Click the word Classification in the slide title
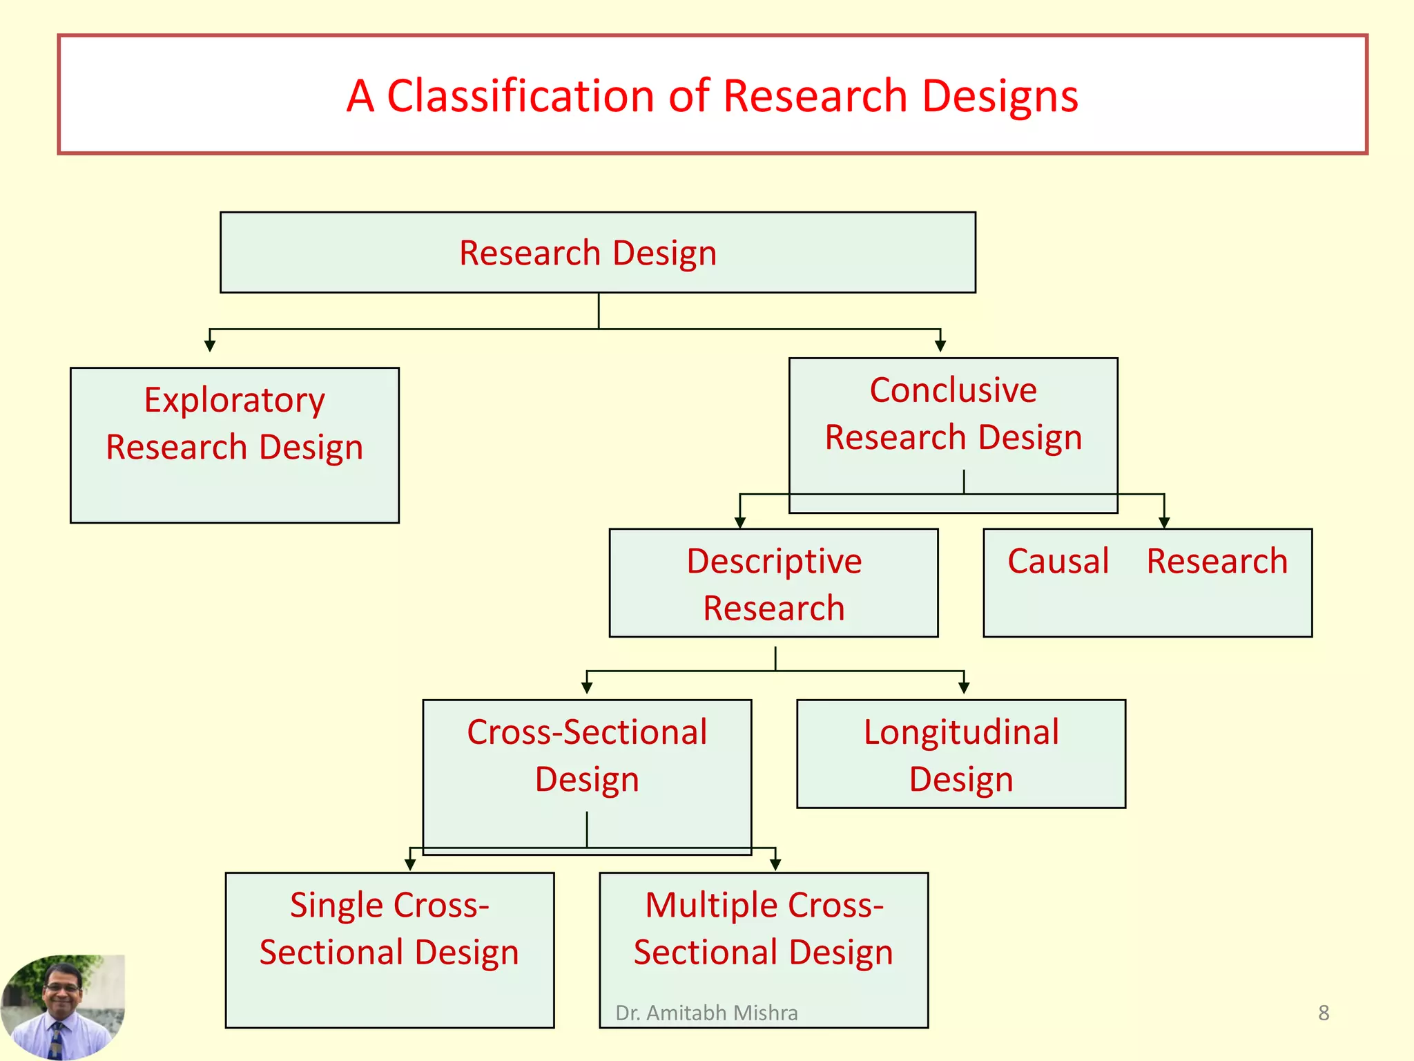click(x=520, y=95)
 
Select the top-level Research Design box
click(x=597, y=253)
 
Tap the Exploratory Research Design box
click(x=234, y=446)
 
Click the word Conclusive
click(x=953, y=390)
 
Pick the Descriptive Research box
click(x=773, y=584)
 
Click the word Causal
click(x=1058, y=561)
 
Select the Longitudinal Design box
click(x=960, y=754)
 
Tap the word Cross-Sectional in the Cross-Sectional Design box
click(x=587, y=732)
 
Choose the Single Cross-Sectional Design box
click(x=389, y=950)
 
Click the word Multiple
click(x=711, y=905)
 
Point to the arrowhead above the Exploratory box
click(x=210, y=345)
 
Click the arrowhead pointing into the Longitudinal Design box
click(x=964, y=688)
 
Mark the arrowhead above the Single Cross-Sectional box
click(x=410, y=864)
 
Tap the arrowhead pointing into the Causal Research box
click(x=1164, y=523)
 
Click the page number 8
click(x=1324, y=1013)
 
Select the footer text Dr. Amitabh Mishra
click(x=706, y=1013)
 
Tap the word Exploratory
click(x=234, y=401)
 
